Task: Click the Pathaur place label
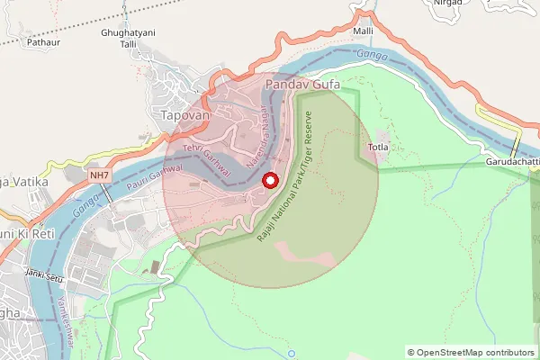(43, 41)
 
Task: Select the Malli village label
(363, 31)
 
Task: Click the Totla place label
(379, 146)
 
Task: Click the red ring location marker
(269, 181)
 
